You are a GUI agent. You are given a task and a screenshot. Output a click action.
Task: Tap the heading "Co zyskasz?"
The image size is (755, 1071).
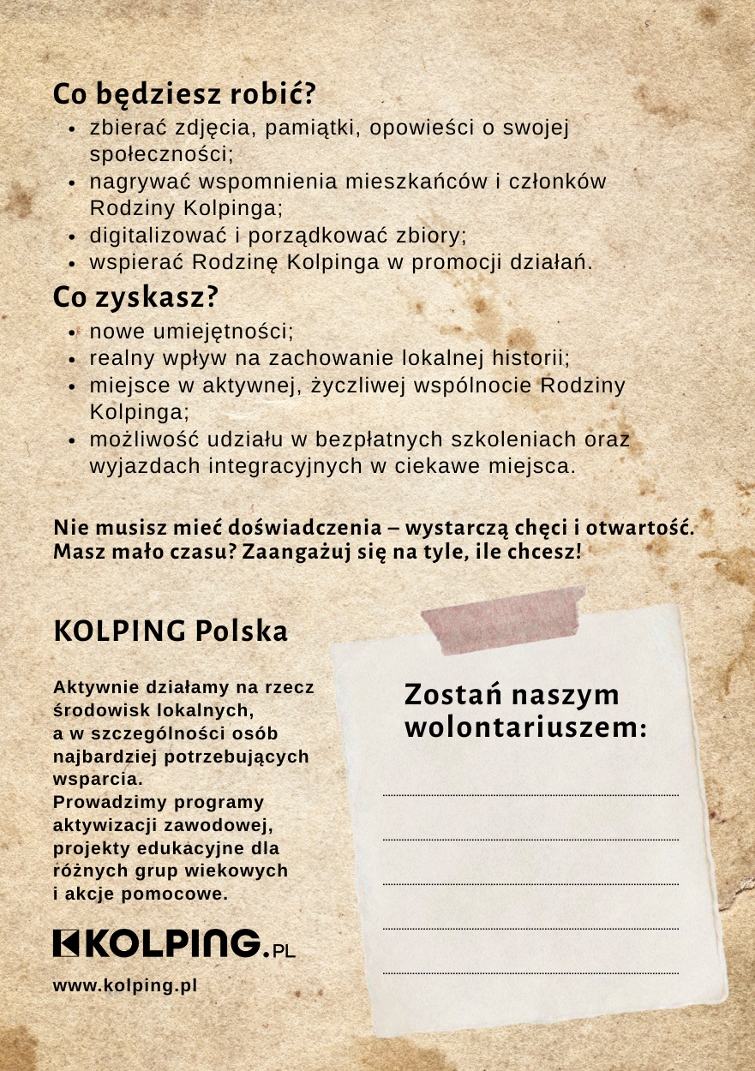pos(135,297)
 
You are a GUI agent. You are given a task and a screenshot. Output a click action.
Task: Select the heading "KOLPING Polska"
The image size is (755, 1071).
pos(171,631)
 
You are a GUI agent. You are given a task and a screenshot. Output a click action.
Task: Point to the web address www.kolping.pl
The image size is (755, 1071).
pos(125,985)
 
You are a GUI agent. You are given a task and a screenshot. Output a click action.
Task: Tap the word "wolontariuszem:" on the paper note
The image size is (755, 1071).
pos(525,728)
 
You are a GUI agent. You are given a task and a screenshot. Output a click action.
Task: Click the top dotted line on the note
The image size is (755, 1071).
pos(530,796)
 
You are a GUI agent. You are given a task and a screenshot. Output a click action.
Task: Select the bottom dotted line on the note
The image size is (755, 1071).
pos(530,973)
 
